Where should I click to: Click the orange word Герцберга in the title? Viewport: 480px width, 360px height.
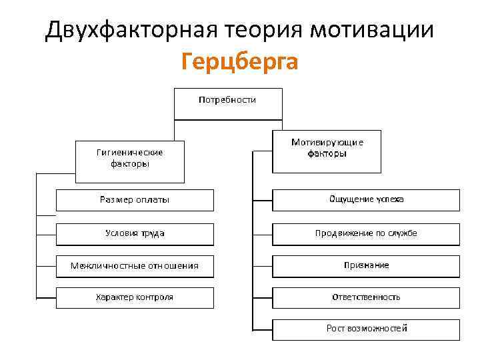tap(239, 62)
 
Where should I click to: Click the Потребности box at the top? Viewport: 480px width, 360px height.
tap(227, 104)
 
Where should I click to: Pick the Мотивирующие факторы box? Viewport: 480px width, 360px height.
tap(327, 151)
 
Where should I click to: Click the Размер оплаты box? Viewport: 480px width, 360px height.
tap(135, 200)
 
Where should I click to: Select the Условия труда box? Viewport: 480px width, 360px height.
tap(135, 233)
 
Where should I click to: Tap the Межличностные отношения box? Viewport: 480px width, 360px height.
tap(135, 266)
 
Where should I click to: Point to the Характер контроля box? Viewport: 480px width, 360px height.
tap(135, 297)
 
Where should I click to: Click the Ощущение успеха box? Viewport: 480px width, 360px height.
tap(366, 200)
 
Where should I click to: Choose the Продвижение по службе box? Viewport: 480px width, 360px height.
tap(366, 233)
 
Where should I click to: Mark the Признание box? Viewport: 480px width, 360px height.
tap(366, 265)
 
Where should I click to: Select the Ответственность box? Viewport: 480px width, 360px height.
tap(366, 297)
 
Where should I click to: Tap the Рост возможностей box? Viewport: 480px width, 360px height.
tap(366, 329)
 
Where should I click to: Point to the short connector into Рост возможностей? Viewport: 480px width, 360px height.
tap(263, 329)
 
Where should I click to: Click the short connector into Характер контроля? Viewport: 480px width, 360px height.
tap(46, 297)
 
